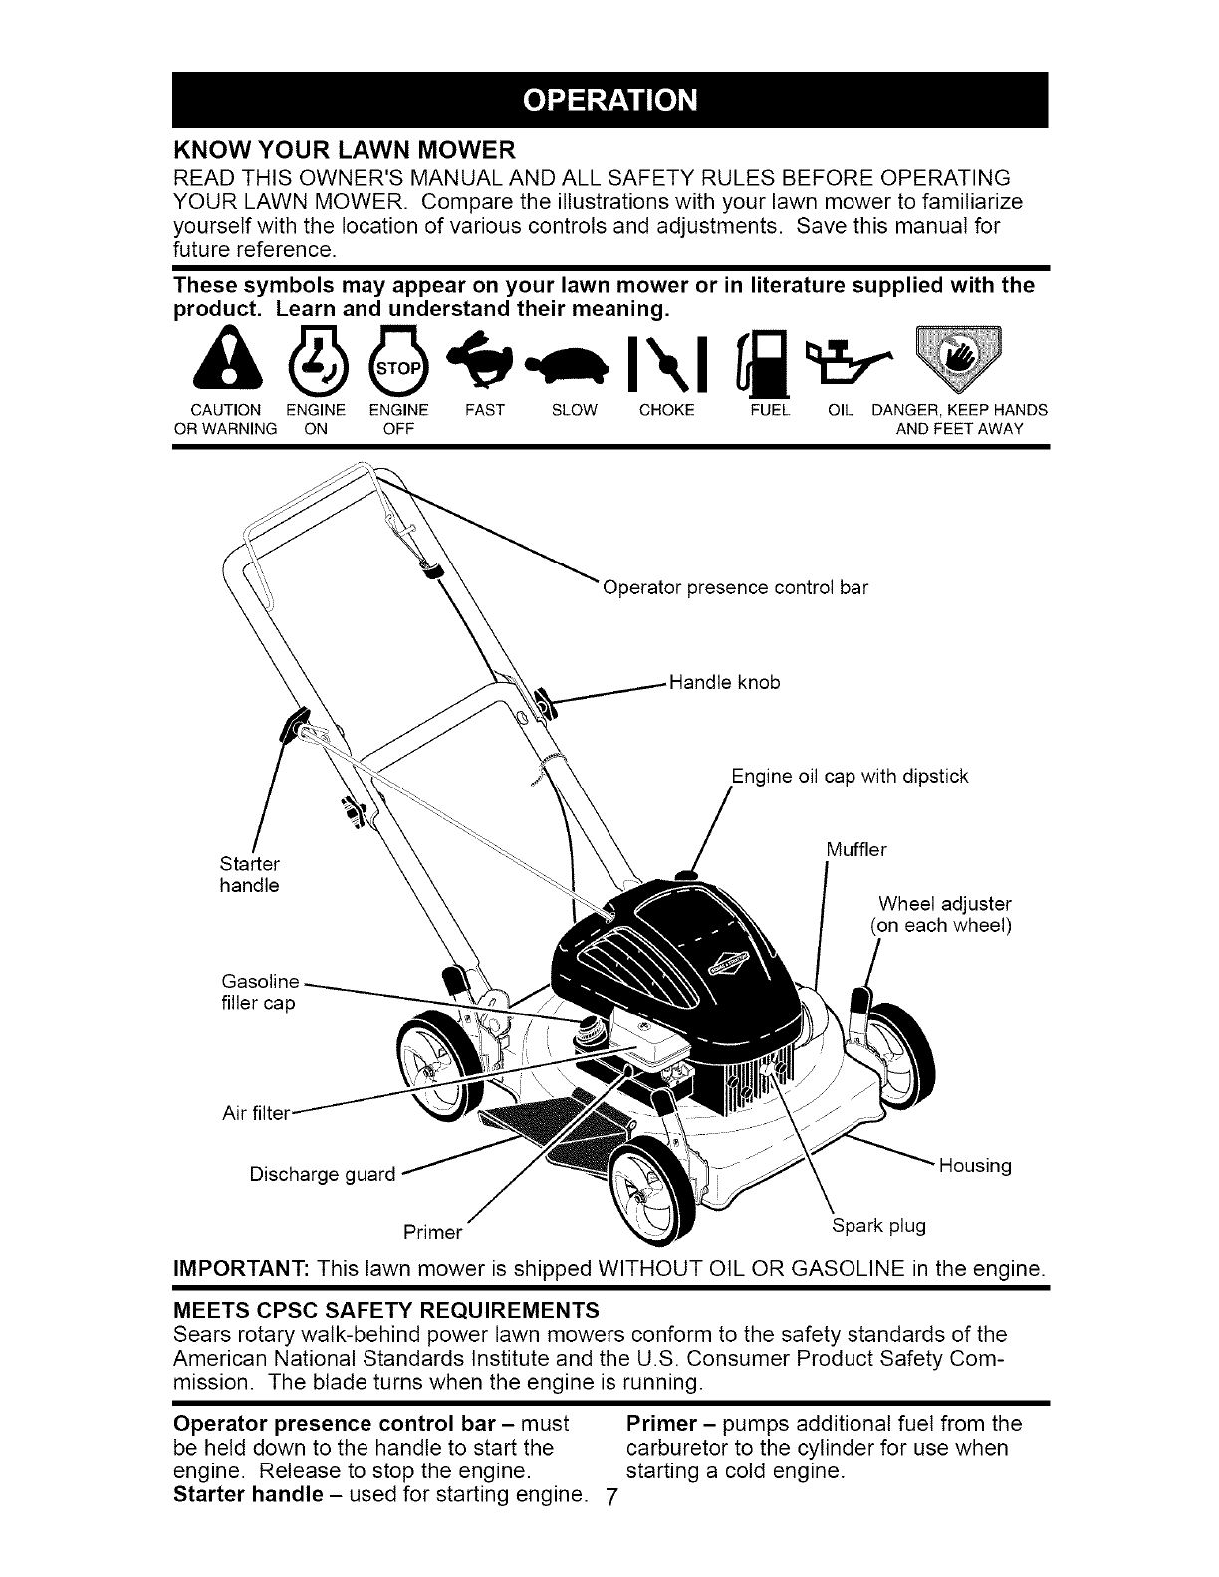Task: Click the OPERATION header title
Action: (609, 102)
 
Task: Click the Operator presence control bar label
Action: (736, 587)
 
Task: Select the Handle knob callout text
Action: (724, 682)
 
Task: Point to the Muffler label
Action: (855, 850)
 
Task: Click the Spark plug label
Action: (878, 1225)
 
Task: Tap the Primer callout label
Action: (433, 1233)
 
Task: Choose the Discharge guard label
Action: (322, 1174)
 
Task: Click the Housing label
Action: (975, 1166)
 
